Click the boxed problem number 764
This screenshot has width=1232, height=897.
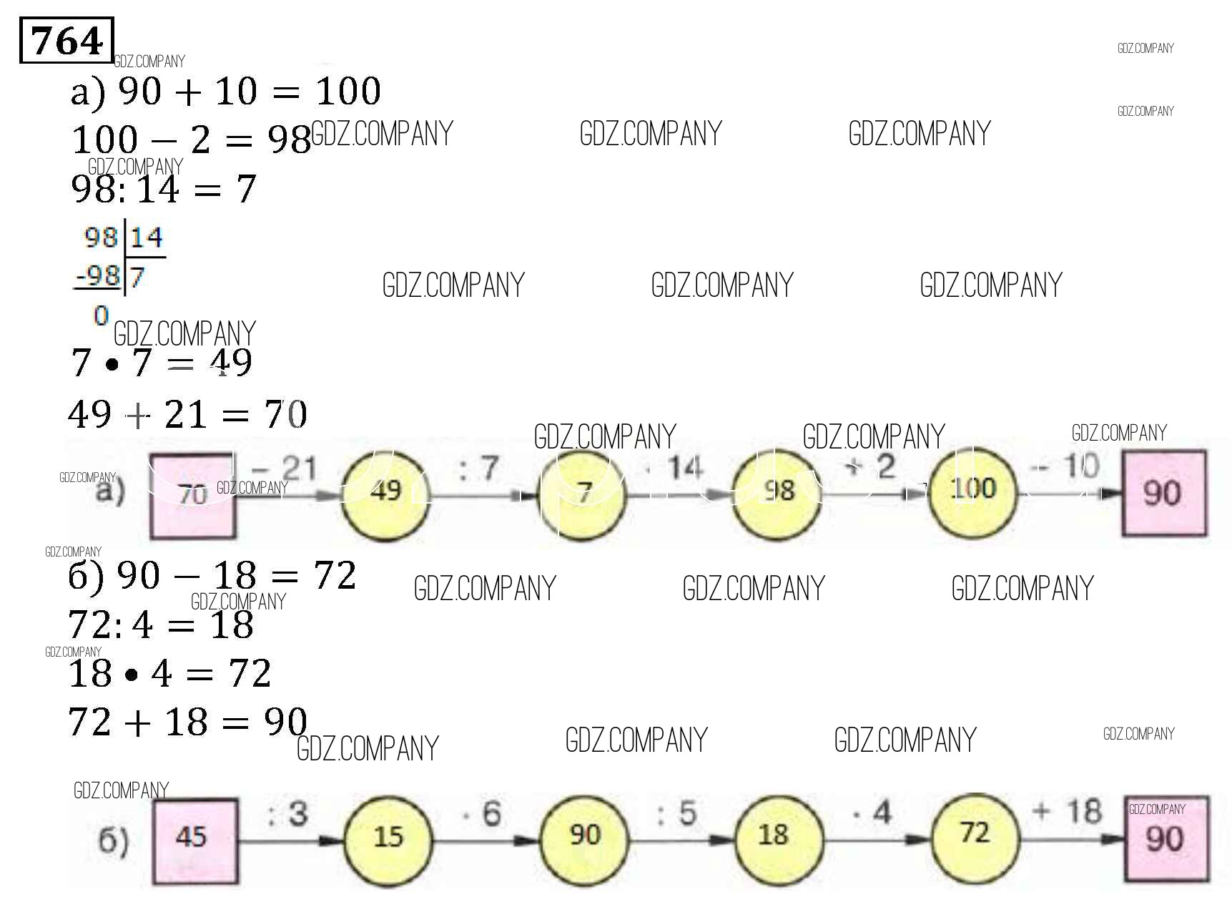point(66,41)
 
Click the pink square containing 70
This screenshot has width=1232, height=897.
point(192,494)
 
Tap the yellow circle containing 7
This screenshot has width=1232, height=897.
point(583,492)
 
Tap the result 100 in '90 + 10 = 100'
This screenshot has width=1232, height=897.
point(348,92)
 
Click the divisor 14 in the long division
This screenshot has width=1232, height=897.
point(147,237)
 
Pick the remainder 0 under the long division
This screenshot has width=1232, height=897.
point(101,315)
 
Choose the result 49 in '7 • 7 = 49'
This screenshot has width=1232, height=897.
point(231,363)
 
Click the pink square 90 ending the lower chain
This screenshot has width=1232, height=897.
point(1166,838)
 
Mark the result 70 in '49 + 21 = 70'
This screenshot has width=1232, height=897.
point(286,414)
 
